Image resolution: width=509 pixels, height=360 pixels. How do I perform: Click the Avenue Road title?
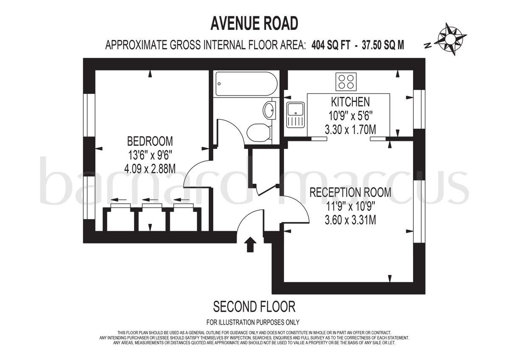254,24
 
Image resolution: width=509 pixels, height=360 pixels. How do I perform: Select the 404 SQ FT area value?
329,45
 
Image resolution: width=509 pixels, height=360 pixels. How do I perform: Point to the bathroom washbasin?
269,111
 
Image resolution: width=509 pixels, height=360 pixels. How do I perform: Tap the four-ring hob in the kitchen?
346,82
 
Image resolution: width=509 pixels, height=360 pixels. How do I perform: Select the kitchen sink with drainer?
295,115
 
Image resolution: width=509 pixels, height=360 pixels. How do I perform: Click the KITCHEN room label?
350,102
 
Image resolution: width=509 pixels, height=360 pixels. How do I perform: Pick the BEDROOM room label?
150,141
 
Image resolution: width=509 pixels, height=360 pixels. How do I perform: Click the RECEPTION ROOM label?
350,192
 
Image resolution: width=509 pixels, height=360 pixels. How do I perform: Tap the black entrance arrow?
250,245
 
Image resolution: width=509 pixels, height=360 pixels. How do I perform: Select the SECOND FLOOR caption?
254,306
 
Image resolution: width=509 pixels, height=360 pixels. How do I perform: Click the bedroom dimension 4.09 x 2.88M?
150,169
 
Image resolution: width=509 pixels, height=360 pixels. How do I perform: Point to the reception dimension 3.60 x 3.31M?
350,220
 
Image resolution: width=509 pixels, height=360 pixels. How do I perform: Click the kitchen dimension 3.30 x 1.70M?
350,129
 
